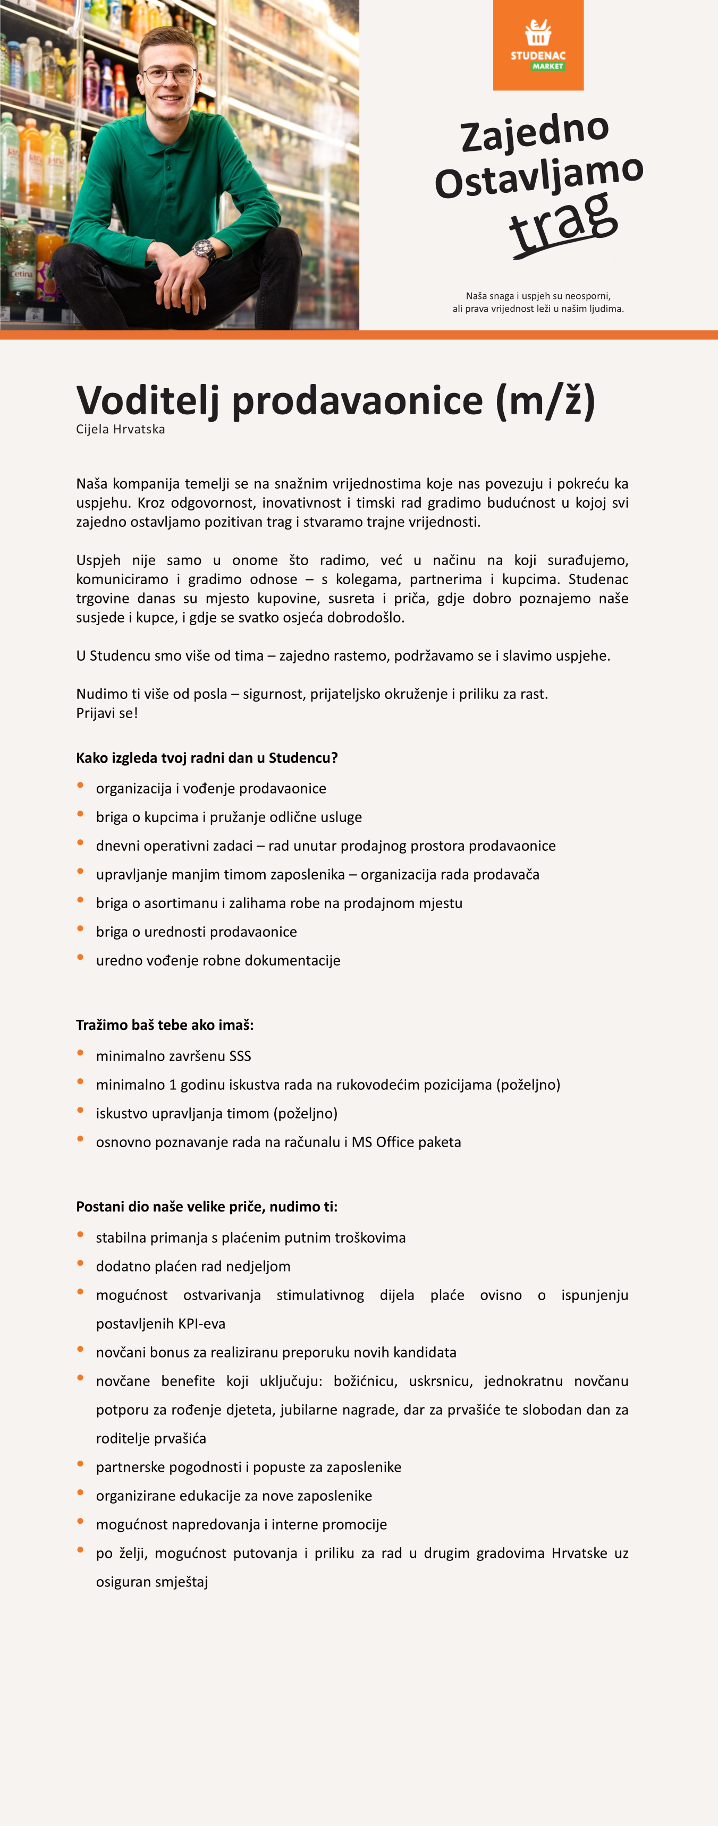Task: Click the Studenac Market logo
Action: [538, 45]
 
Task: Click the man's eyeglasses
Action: [169, 74]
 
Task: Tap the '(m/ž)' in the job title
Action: [545, 400]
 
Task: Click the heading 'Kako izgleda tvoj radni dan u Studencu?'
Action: [206, 758]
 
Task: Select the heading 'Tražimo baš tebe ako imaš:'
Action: [165, 1025]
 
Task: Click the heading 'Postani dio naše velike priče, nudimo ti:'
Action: [206, 1207]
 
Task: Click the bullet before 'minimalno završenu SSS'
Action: [80, 1053]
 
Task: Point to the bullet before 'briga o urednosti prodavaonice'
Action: [80, 928]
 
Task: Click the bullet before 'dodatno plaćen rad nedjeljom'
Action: [80, 1263]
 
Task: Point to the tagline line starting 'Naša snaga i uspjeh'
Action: [538, 296]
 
